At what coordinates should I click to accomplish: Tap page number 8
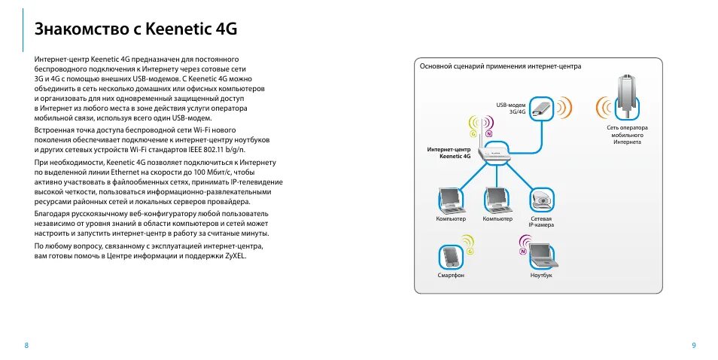coord(26,346)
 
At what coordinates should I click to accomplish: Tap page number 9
coord(693,346)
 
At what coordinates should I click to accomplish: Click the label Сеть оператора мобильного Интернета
coord(627,135)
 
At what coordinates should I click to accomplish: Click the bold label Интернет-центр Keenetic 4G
coord(449,153)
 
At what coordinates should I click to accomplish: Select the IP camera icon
coord(541,200)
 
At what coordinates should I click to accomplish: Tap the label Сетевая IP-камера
coord(540,221)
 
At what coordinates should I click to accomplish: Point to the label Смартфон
coord(451,276)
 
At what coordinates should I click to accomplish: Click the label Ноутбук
coord(541,276)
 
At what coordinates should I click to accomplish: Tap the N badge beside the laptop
coord(522,252)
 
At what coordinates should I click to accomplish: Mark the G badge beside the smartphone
coord(470,252)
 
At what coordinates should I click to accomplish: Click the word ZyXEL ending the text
coord(236,256)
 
